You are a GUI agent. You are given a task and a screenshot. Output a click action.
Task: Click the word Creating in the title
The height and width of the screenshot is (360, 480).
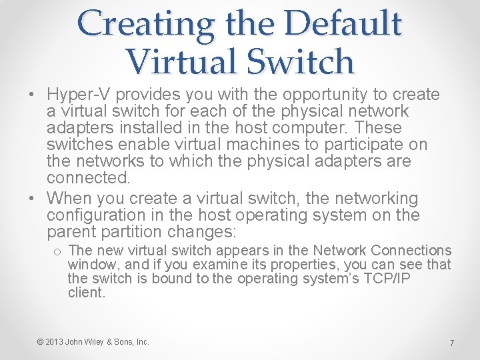[145, 23]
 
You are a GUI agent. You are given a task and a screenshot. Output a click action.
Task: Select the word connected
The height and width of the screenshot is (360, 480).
[88, 178]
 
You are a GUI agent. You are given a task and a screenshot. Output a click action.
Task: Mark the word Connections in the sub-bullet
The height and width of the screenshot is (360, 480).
[411, 251]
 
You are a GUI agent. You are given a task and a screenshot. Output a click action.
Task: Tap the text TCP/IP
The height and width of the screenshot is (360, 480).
[386, 279]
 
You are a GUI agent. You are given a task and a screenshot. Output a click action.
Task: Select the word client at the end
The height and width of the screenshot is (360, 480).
[86, 292]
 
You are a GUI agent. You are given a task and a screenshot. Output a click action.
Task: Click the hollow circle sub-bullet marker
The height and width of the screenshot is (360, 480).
[58, 251]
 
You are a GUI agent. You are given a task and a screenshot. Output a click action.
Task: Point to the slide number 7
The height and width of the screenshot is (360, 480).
[451, 343]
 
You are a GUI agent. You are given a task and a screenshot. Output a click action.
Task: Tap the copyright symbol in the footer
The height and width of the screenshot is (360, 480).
[41, 342]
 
